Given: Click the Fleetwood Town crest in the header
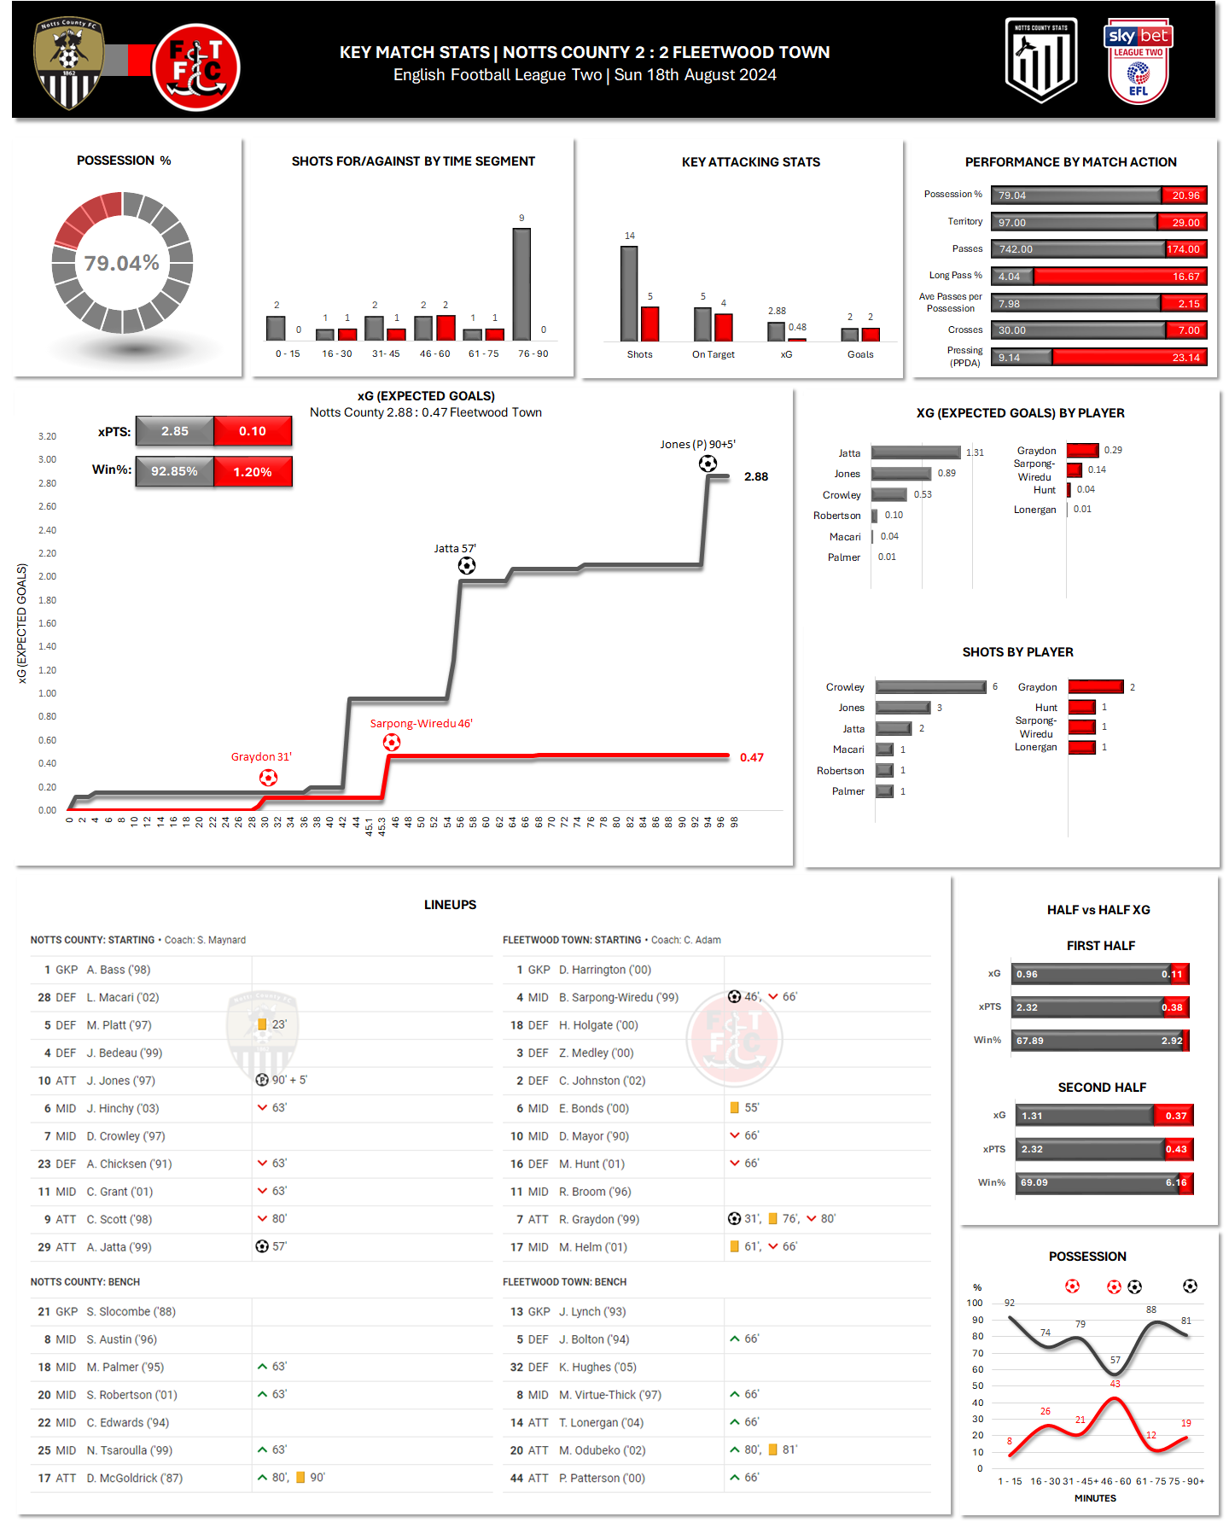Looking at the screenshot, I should (x=195, y=67).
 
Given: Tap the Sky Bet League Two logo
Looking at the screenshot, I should (x=1138, y=61).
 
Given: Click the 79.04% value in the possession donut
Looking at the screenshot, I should (x=122, y=263).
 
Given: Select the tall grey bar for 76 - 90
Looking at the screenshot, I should (x=521, y=284).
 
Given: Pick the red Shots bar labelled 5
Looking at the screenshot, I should (x=650, y=324).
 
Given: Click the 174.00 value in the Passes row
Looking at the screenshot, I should (x=1184, y=249).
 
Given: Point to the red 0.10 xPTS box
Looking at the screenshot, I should (x=253, y=431).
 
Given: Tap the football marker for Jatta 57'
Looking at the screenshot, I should (x=467, y=565).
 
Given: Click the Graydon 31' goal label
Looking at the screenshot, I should (x=261, y=757).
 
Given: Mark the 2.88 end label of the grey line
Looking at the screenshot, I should (x=756, y=476).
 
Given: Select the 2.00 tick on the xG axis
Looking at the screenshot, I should (x=47, y=576).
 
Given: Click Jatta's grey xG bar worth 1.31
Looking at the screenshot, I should (x=916, y=452).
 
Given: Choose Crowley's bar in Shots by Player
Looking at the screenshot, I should (x=930, y=687).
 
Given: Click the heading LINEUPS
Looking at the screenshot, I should (x=450, y=905).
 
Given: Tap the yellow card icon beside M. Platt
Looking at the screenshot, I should (x=262, y=1024).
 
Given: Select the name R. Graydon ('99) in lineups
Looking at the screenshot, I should (x=598, y=1219).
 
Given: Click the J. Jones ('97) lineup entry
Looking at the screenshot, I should (x=120, y=1081).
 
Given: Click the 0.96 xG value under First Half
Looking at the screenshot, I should (x=1027, y=974).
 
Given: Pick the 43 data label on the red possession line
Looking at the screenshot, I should (x=1115, y=1384).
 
